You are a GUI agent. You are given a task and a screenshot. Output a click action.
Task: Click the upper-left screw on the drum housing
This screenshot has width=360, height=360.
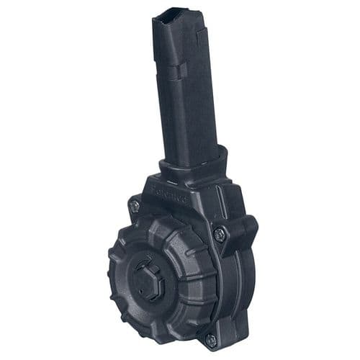tap(135, 206)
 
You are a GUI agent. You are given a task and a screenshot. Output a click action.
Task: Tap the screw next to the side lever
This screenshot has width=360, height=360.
tap(220, 233)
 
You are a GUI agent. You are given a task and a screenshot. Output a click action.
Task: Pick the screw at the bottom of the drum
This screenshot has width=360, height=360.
tap(210, 337)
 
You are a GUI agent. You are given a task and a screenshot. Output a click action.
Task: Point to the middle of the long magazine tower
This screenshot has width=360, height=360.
tap(184, 94)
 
